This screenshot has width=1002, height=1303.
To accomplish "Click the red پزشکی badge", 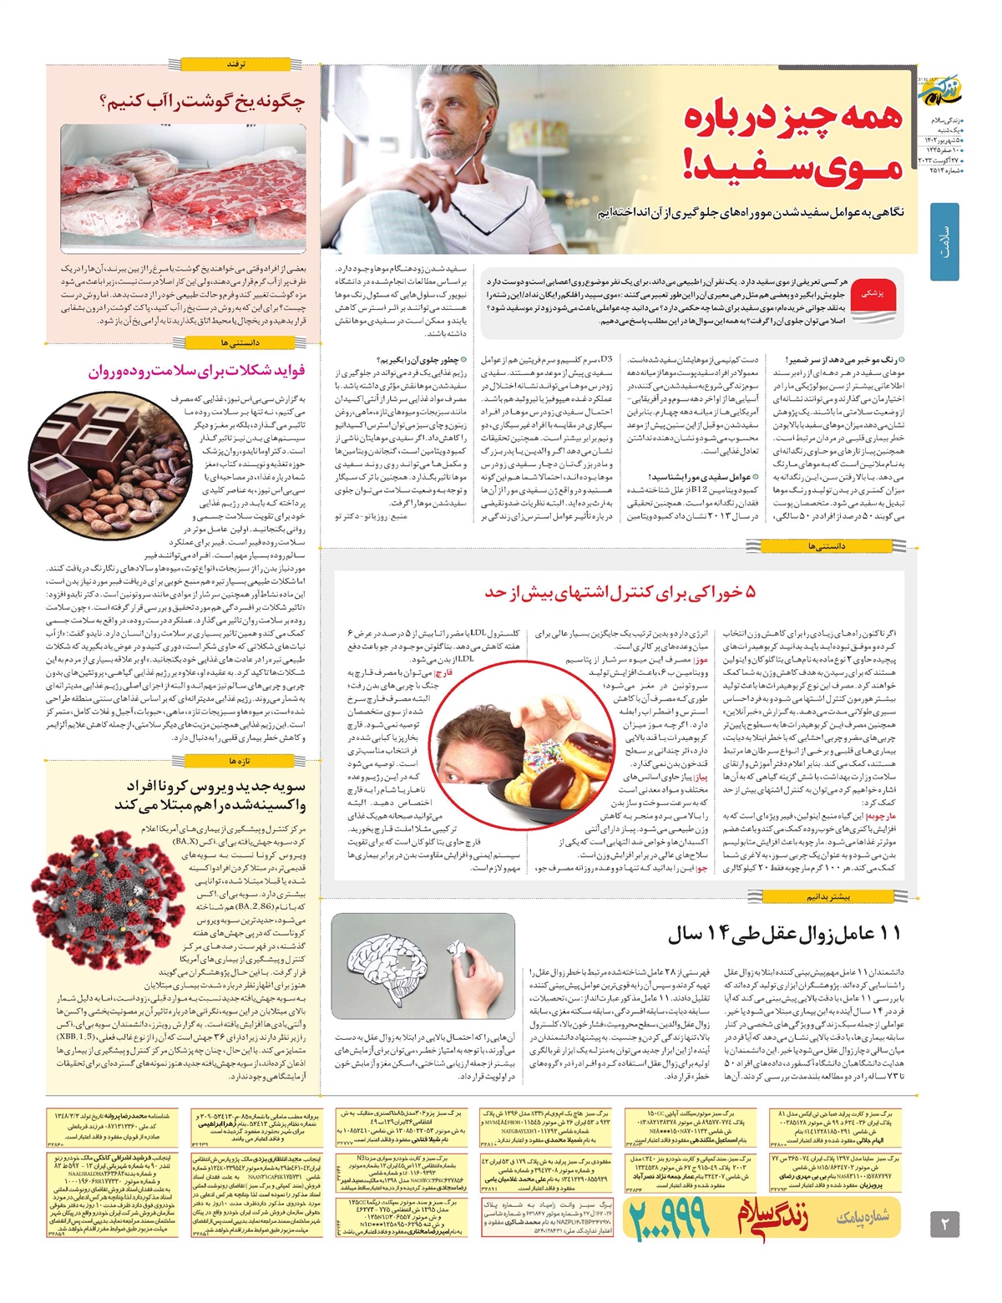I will (878, 295).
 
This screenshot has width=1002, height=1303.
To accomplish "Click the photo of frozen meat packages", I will (183, 189).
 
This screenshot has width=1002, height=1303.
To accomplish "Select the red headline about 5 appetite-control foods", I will (620, 593).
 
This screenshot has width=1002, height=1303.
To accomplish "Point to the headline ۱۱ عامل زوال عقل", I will (785, 935).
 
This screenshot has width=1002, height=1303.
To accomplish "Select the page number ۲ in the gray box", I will (945, 1225).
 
